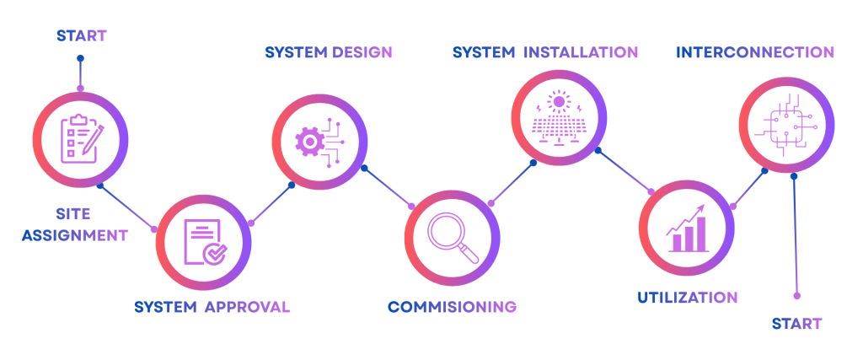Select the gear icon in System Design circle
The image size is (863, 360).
(x=309, y=142)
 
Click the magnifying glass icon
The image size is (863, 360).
(x=453, y=238)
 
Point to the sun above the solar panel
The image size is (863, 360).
(x=560, y=102)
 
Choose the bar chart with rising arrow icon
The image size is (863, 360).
(x=686, y=229)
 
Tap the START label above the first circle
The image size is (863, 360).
(x=82, y=35)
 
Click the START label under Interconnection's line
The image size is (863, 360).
(x=796, y=323)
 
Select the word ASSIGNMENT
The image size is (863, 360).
(x=74, y=235)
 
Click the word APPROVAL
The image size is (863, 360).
(x=247, y=307)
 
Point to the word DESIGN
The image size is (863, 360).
(x=362, y=52)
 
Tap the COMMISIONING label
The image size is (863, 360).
(x=453, y=307)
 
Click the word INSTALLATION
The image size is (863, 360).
(x=581, y=52)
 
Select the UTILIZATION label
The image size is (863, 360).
(x=688, y=298)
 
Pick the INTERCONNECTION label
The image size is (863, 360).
(x=755, y=52)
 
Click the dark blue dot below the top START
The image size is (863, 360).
(x=80, y=58)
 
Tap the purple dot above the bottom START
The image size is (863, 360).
(x=797, y=296)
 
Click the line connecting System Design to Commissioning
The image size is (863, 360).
(x=388, y=187)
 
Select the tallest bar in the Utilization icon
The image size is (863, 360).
(x=700, y=234)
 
